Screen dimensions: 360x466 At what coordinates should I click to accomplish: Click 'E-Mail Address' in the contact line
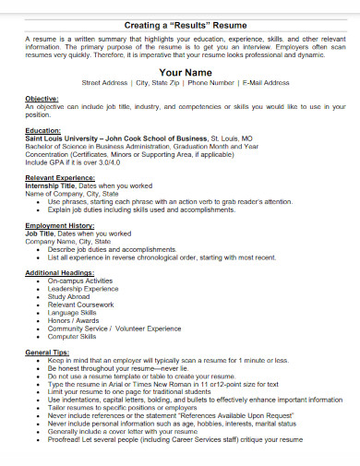[x=263, y=82]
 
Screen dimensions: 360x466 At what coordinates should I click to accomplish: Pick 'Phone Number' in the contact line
[x=211, y=82]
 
